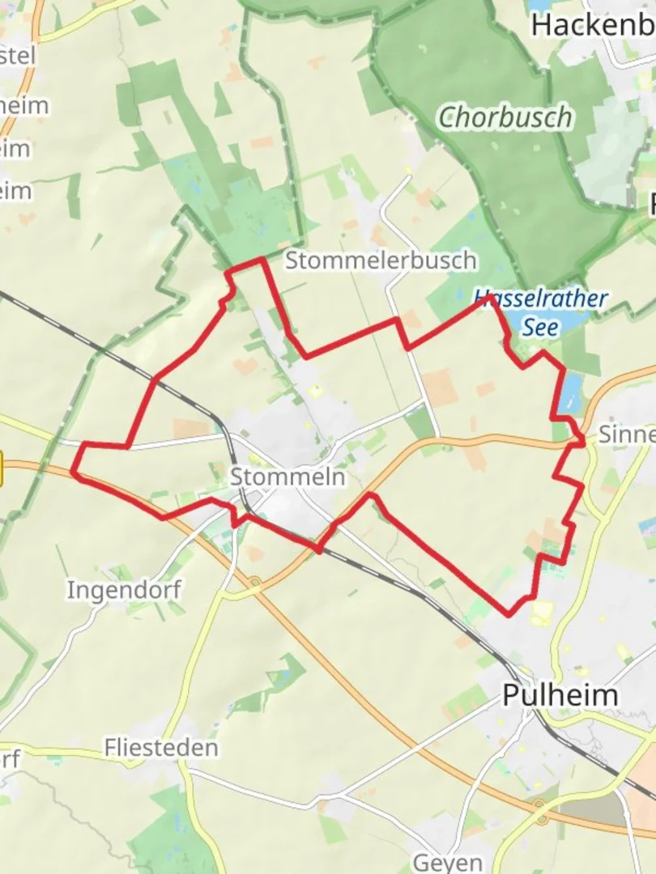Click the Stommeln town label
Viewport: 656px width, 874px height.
point(288,477)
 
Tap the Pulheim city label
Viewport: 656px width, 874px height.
point(560,695)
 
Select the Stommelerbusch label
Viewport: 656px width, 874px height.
point(381,261)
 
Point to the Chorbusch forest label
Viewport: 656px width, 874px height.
point(505,118)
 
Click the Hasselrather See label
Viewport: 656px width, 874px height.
point(540,312)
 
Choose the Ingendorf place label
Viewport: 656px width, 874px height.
point(124,589)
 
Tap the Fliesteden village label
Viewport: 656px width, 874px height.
point(161,748)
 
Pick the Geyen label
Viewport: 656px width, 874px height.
point(448,863)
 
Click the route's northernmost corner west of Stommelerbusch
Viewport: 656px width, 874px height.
point(262,260)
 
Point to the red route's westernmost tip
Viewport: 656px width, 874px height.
point(74,469)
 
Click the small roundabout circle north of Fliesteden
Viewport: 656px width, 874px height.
point(255,580)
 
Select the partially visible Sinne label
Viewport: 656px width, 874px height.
point(626,435)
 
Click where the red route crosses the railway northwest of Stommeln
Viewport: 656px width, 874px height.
point(155,379)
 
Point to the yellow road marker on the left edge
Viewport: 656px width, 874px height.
point(2,470)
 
